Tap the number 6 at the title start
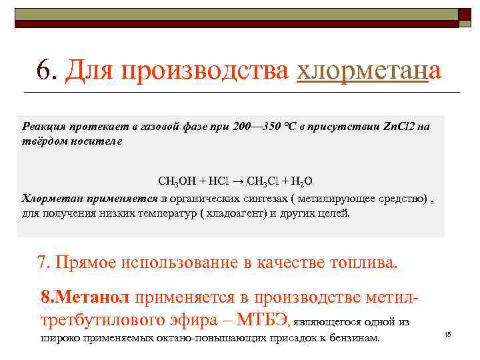pyautogui.click(x=45, y=69)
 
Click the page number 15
pyautogui.click(x=447, y=333)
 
